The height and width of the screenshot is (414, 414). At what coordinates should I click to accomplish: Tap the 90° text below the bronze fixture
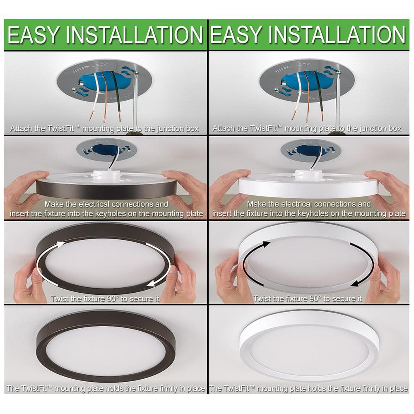113,298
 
